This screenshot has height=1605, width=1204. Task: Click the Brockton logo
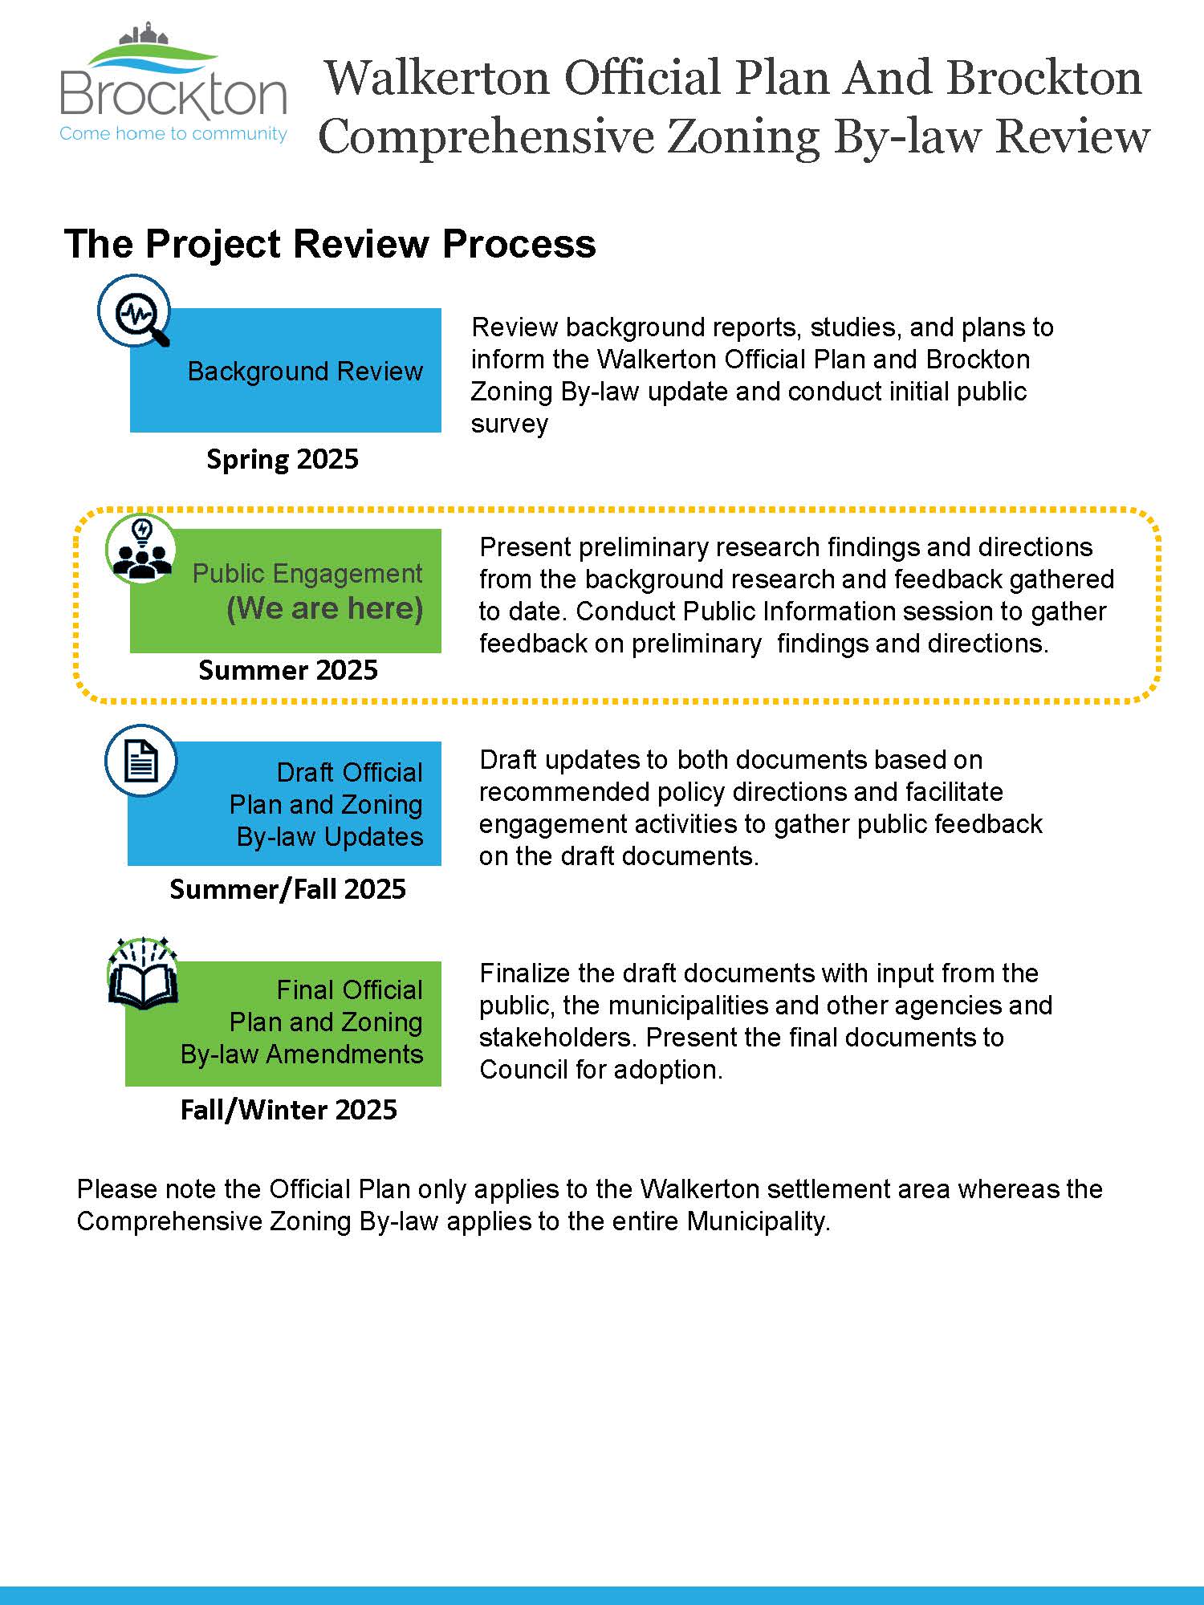pos(173,83)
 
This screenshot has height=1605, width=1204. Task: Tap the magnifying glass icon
pos(135,311)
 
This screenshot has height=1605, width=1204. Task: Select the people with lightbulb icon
pos(141,550)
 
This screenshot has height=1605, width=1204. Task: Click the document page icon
pos(141,761)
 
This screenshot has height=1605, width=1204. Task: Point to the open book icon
pos(143,973)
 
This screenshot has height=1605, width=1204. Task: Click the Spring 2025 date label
pos(283,460)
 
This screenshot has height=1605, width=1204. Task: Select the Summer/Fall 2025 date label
pos(287,889)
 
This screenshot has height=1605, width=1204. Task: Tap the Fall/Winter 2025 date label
pos(288,1110)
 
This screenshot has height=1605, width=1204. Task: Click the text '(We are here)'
pos(324,609)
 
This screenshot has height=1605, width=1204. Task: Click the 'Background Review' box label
pos(305,372)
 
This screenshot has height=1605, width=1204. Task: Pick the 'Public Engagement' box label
pos(307,575)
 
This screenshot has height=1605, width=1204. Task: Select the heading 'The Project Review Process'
pos(330,244)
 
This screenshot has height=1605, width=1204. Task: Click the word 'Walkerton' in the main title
pos(437,78)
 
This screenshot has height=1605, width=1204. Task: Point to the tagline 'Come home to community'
pos(173,134)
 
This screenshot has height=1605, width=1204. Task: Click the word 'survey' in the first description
pos(510,425)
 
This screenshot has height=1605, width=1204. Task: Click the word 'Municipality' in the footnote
pos(759,1221)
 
